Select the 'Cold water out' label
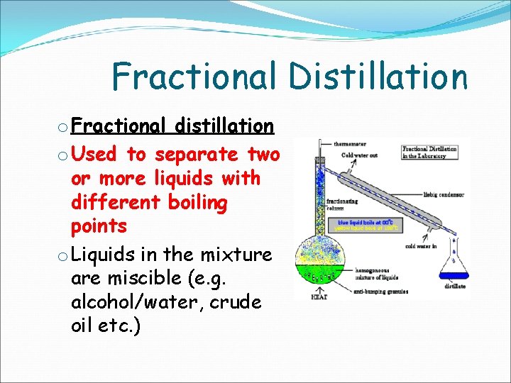pyautogui.click(x=359, y=155)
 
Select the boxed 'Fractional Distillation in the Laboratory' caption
pyautogui.click(x=429, y=152)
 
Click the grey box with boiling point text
pyautogui.click(x=369, y=225)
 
